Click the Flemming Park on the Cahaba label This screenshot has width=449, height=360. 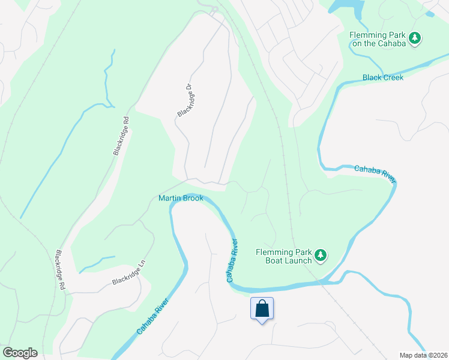point(378,38)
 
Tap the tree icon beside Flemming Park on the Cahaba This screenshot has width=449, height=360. point(414,38)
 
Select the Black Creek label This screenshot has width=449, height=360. point(383,77)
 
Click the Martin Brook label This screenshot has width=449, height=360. point(181,198)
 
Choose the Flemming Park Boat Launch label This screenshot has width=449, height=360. point(283,256)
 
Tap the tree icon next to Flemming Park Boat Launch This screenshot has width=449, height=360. point(321,256)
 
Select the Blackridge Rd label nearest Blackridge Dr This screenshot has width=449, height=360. point(121,136)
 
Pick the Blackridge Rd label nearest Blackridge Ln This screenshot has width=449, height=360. point(60,271)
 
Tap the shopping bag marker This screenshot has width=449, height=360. point(262,309)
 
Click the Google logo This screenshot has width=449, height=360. point(20,353)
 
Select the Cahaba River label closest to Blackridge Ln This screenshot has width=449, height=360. point(152,315)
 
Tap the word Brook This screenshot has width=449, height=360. point(193,198)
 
